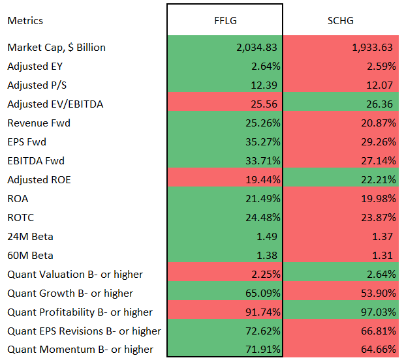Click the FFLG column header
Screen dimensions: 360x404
225,20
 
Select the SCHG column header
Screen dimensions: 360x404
341,20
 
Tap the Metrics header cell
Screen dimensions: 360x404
25,20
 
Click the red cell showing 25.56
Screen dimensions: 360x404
265,104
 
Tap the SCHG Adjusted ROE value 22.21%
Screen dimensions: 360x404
378,179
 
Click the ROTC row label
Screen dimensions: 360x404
21,217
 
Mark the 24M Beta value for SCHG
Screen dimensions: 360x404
384,236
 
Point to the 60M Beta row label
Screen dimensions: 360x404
30,255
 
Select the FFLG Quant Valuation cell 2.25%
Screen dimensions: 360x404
264,274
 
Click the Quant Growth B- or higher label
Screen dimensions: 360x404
70,293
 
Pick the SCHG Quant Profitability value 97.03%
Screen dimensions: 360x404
378,312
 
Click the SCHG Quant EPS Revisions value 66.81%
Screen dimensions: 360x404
378,331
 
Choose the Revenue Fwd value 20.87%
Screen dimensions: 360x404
378,123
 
